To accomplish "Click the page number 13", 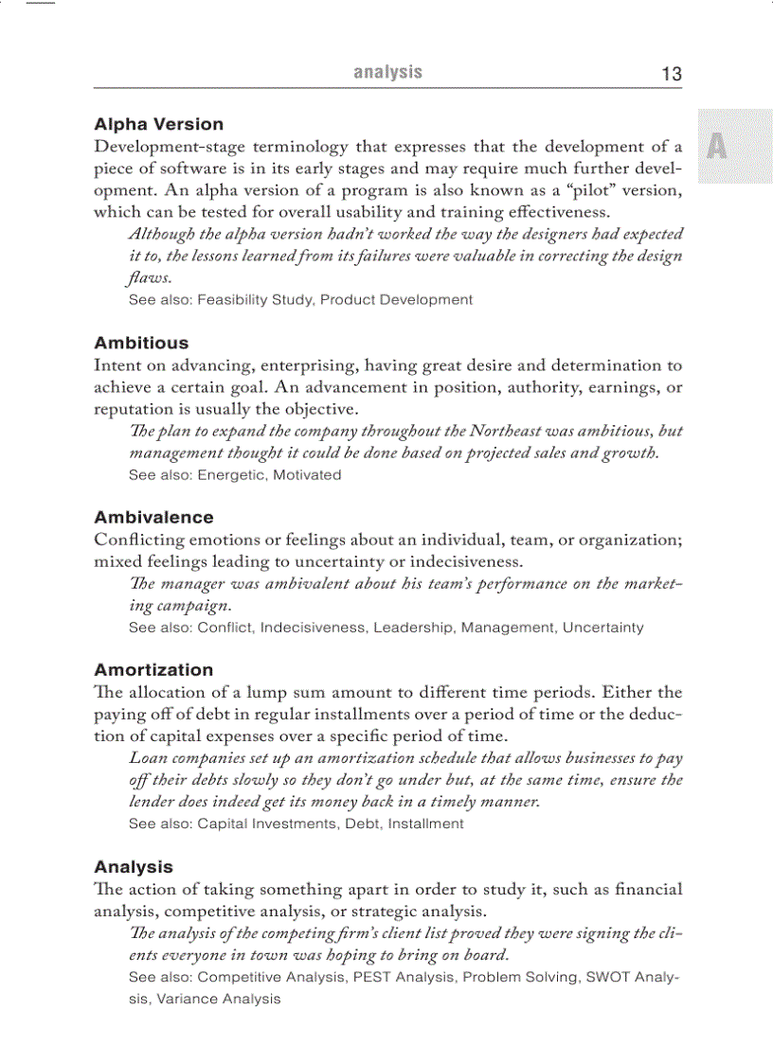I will tap(671, 74).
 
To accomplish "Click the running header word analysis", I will tap(387, 72).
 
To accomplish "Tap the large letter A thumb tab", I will tap(717, 147).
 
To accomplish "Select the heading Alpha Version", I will tap(158, 124).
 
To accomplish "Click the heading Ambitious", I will tap(141, 343).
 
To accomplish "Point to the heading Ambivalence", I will tap(153, 517).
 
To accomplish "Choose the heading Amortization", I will tap(153, 669).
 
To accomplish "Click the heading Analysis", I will tap(134, 866).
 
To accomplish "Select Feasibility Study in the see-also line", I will tap(255, 300).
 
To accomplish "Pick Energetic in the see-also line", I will tap(231, 475).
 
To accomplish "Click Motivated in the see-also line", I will tap(307, 475).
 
